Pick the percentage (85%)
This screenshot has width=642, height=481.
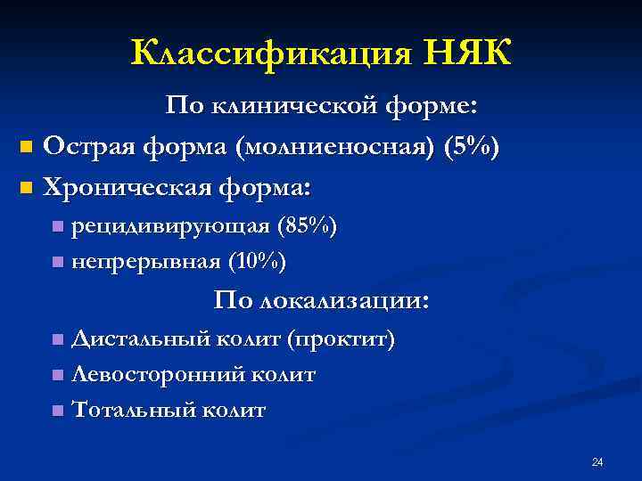(x=308, y=227)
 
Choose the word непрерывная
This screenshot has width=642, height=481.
(x=144, y=262)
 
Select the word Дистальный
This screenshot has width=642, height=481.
(x=141, y=339)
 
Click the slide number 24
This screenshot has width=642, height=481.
(x=597, y=461)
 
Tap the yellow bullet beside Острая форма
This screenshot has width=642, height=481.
(x=26, y=145)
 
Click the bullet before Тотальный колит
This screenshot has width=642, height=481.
(x=58, y=412)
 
